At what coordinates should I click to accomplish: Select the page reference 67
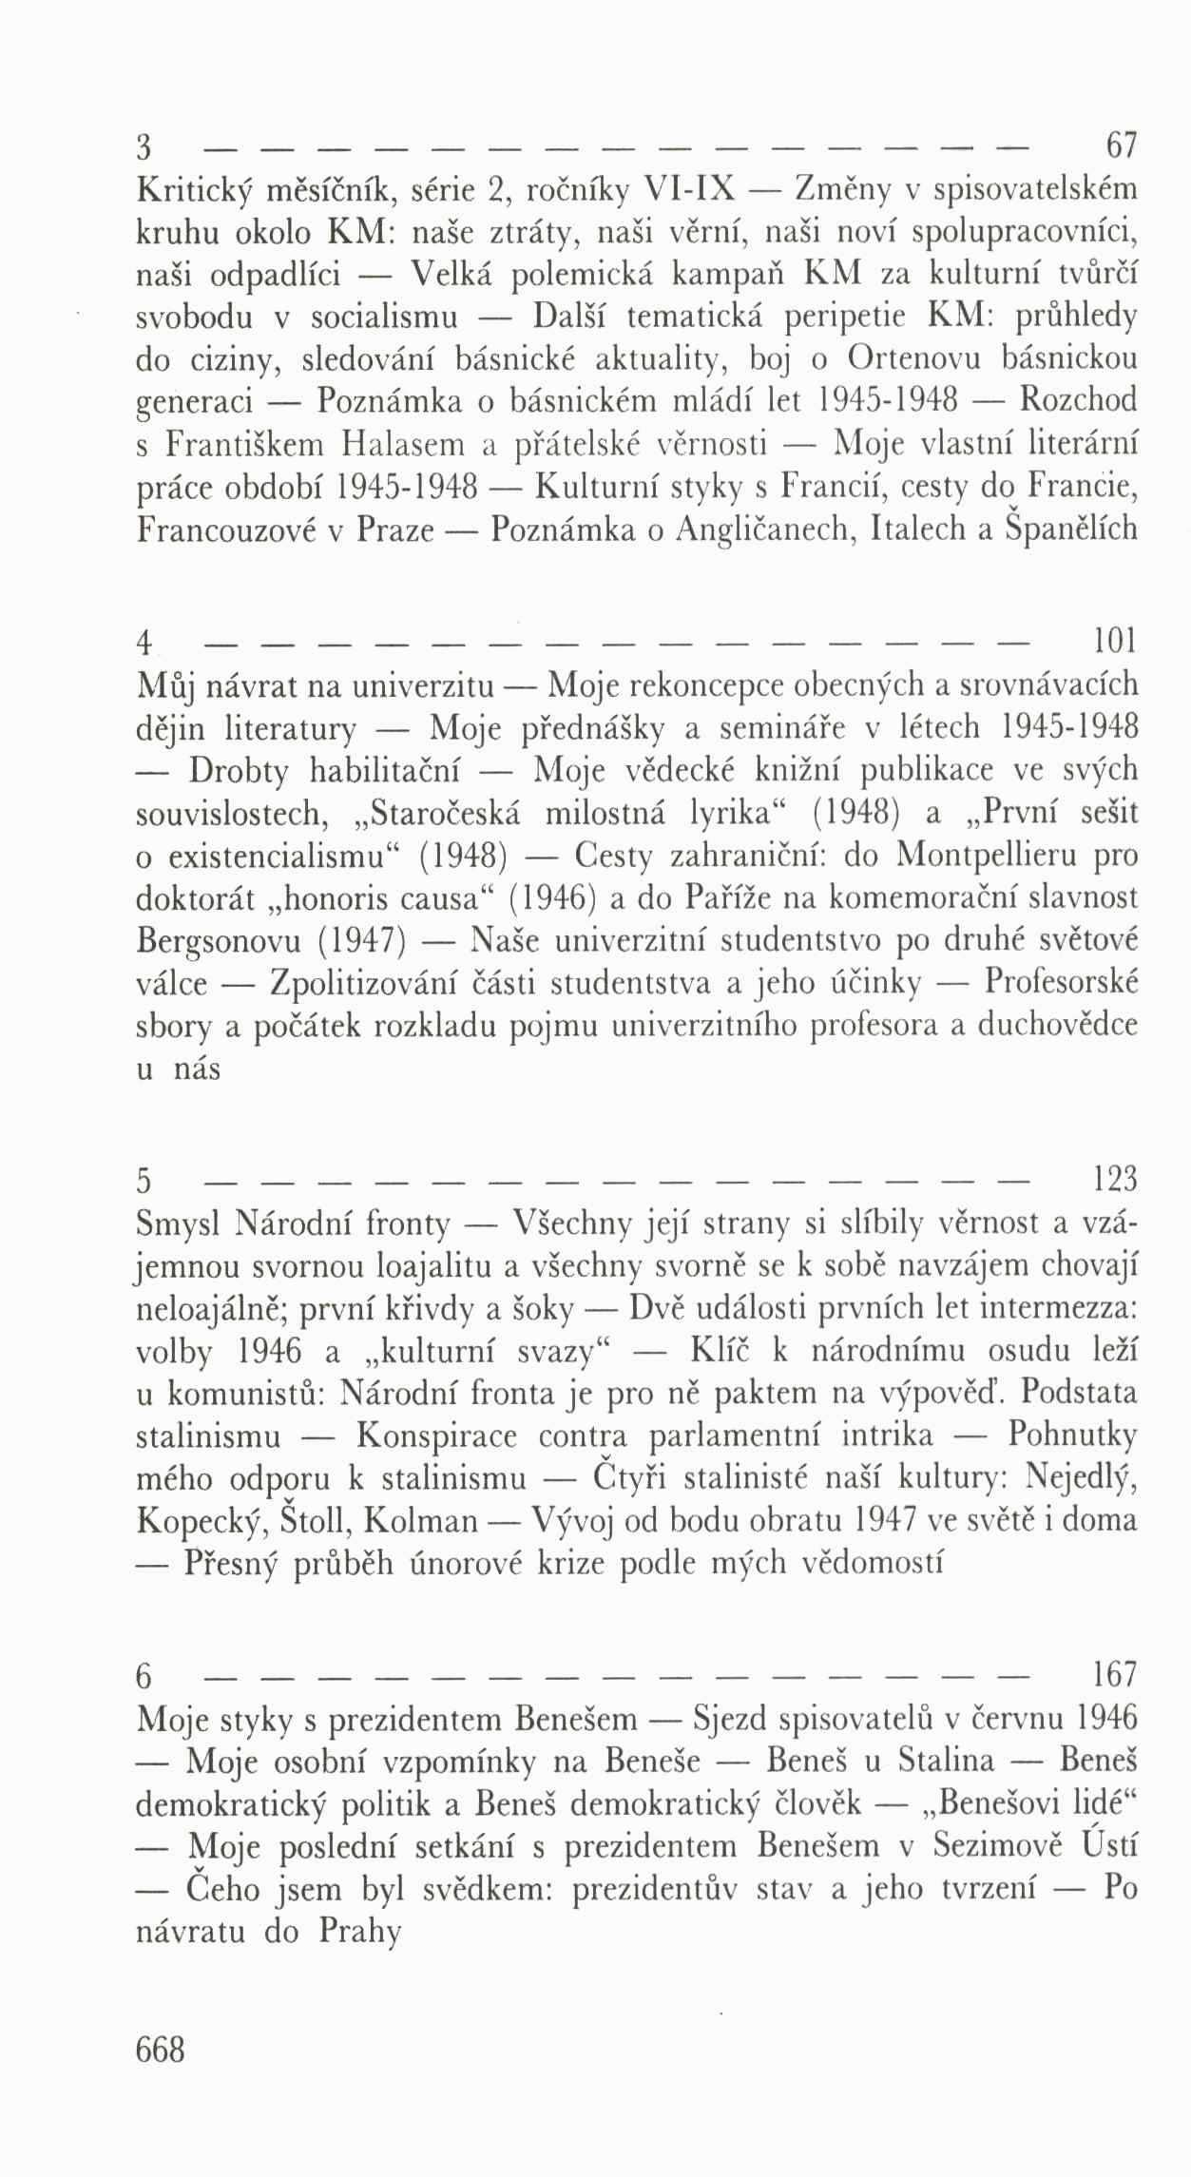pyautogui.click(x=1118, y=148)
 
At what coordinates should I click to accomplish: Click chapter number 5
pyautogui.click(x=145, y=1182)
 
